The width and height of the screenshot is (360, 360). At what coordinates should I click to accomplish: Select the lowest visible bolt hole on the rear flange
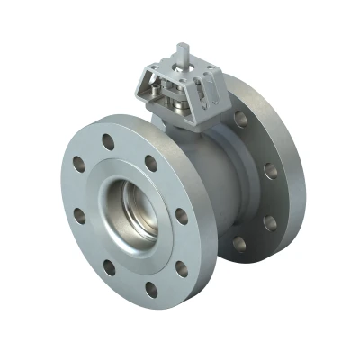239,243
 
